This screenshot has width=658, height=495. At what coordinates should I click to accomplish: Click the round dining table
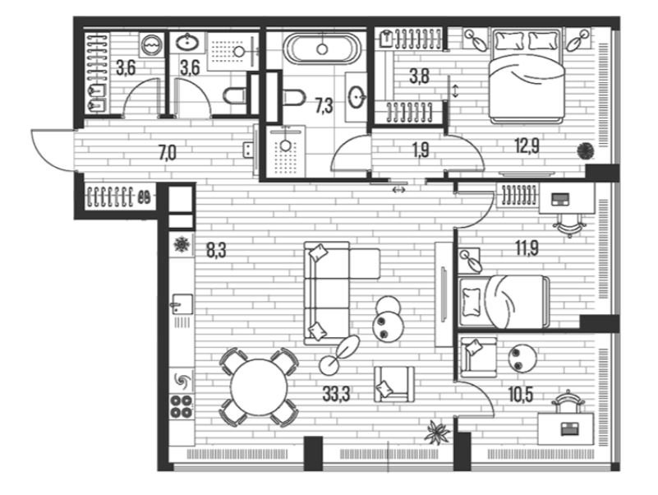point(260,387)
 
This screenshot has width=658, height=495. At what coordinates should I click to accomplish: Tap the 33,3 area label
point(336,394)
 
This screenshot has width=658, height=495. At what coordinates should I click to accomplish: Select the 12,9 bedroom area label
point(527,146)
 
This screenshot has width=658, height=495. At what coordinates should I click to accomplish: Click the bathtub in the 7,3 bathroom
point(322,49)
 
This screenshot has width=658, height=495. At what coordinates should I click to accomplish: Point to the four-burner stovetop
point(182,406)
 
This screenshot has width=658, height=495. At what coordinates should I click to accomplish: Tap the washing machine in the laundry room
point(151,44)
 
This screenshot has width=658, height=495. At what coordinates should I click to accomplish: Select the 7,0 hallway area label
point(167,153)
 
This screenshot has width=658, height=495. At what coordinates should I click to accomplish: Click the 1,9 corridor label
point(421,150)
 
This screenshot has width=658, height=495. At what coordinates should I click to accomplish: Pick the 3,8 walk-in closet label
point(419,76)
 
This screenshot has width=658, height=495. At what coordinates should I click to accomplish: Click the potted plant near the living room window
point(437,433)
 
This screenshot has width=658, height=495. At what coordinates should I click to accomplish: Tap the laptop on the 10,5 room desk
point(570,428)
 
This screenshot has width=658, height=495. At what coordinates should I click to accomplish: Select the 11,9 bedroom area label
point(527,248)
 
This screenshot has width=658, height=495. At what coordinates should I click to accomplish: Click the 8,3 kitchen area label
point(216,250)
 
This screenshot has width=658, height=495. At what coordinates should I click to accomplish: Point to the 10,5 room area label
point(520,395)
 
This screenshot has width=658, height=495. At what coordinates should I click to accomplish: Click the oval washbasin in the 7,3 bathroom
point(357,97)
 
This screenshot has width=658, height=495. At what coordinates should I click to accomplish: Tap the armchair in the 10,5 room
point(478,357)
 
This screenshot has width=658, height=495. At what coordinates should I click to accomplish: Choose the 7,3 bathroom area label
point(324,106)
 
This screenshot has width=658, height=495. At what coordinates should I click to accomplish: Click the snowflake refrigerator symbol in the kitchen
point(182,244)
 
